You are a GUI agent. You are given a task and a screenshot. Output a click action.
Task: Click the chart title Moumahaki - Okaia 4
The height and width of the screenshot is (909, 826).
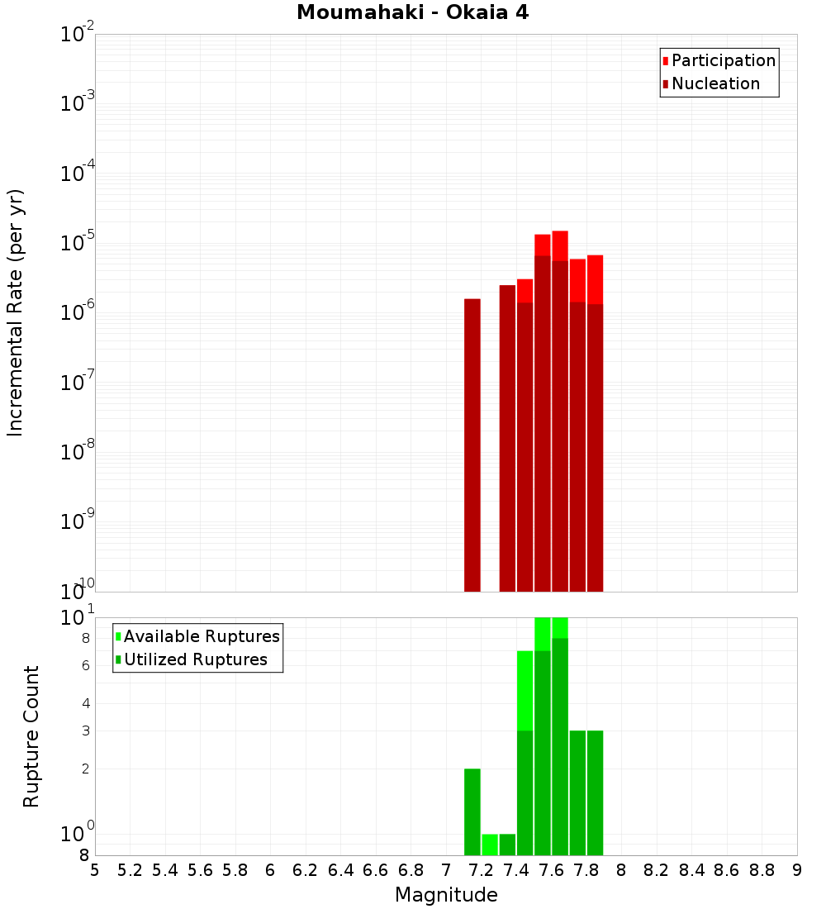[x=412, y=13]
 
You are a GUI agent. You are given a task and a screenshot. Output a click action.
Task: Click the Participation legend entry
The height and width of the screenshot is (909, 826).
[x=723, y=60]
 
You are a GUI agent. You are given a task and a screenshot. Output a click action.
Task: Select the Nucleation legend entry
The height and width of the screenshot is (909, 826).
[x=714, y=83]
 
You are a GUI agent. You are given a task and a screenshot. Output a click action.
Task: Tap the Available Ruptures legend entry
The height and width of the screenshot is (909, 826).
[x=201, y=636]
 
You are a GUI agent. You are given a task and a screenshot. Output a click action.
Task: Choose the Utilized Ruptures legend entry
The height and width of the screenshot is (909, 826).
[x=195, y=659]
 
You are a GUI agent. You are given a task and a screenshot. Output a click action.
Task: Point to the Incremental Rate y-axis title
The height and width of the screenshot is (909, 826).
[x=16, y=312]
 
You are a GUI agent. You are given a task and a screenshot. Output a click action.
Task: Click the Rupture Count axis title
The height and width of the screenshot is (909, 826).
[x=31, y=735]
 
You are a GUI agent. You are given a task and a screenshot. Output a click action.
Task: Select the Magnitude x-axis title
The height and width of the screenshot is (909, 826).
[x=446, y=895]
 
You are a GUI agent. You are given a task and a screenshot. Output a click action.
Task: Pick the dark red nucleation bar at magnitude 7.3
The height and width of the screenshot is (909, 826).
[x=507, y=438]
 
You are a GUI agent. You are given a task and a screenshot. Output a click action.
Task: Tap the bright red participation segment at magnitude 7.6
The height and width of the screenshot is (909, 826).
[x=560, y=245]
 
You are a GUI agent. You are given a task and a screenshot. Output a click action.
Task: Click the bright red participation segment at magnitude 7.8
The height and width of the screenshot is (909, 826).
[x=595, y=279]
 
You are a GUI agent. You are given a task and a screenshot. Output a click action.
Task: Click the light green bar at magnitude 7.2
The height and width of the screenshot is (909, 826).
[x=490, y=845]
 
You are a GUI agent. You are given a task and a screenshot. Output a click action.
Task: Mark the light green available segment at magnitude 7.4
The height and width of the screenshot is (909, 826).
[x=525, y=690]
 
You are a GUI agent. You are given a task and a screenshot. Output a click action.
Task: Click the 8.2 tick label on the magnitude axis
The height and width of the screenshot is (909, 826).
[x=657, y=870]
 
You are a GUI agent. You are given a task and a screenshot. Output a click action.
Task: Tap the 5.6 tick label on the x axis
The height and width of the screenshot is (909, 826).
[x=200, y=870]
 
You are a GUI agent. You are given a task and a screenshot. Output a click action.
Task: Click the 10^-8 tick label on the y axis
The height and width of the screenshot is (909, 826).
[x=78, y=452]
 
